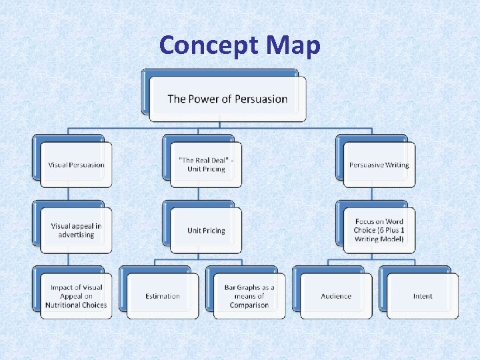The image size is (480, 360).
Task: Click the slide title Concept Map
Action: click(240, 45)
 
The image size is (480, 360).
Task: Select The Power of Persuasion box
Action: click(227, 99)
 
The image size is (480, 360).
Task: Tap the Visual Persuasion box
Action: click(76, 165)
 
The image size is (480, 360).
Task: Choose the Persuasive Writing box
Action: click(379, 165)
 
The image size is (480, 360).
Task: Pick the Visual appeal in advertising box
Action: click(76, 230)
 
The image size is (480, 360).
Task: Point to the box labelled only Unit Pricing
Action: click(206, 231)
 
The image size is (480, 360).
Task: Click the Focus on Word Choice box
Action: click(379, 230)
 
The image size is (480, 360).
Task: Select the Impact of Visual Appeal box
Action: click(76, 296)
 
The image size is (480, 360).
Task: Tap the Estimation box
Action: click(163, 296)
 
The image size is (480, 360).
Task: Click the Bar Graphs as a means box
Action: click(249, 296)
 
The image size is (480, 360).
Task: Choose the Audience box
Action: click(335, 296)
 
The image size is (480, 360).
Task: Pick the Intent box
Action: click(422, 296)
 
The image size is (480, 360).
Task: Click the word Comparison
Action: click(249, 305)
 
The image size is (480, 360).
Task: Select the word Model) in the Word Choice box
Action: click(392, 239)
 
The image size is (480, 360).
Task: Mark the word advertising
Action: click(76, 235)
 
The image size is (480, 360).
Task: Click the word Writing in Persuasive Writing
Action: click(397, 165)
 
